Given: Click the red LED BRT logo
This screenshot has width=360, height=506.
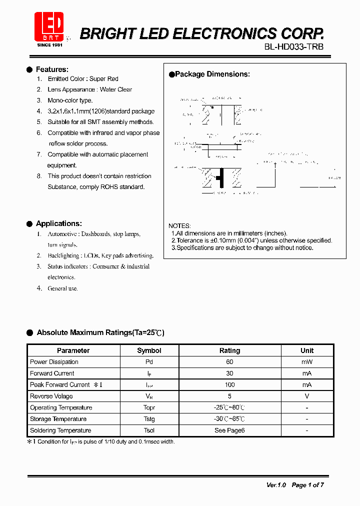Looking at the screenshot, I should tap(49, 27).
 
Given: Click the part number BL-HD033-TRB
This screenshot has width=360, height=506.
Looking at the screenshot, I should tap(293, 47).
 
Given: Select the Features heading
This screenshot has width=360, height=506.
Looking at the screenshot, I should tap(52, 69).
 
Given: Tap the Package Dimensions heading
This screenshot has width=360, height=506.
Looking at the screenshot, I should tap(212, 74).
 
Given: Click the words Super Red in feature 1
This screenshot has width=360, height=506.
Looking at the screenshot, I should tap(104, 79).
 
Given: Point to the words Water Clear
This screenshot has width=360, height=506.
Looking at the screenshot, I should tap(116, 89).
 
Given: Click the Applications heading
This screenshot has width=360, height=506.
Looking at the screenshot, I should tap(58, 223).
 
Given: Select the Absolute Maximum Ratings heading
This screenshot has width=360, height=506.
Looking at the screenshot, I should tap(100, 332).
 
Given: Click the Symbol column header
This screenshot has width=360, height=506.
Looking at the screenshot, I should tap(149, 350).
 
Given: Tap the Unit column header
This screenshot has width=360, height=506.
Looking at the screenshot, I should tap(307, 350).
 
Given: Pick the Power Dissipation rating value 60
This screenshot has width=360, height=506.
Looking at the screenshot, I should tap(229, 362).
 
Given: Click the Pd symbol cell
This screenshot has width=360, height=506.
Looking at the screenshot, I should tap(149, 362).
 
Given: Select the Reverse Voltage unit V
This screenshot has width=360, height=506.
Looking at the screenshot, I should tap(307, 396).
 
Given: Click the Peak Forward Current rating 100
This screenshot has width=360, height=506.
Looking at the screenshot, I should tap(229, 385).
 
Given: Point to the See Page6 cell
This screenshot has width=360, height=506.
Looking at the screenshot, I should tap(229, 430).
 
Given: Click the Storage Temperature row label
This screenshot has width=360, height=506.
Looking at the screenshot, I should tap(58, 419).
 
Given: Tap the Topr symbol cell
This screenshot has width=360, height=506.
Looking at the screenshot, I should tap(149, 407).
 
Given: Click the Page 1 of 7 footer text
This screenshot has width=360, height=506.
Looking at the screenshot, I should tap(307, 485).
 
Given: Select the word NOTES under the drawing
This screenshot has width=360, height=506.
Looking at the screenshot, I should tap(179, 226).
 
